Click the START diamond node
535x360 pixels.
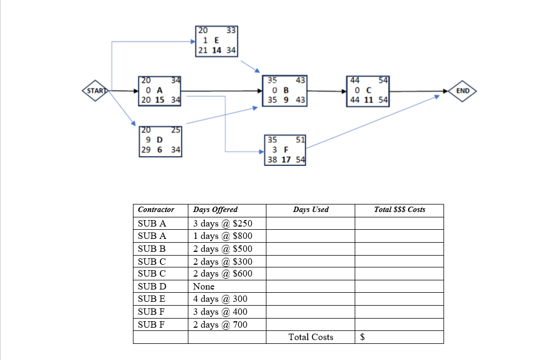click(x=94, y=91)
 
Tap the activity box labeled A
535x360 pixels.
click(x=159, y=91)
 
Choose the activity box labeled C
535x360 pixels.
click(x=368, y=91)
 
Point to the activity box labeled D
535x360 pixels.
click(x=159, y=141)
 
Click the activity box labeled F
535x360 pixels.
click(x=286, y=150)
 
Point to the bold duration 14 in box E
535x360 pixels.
click(x=216, y=50)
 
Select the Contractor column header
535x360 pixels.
click(x=156, y=209)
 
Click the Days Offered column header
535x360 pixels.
click(x=215, y=209)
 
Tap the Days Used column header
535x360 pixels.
click(x=311, y=209)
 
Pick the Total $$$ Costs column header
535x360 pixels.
click(x=399, y=209)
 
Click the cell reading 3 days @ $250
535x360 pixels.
click(x=222, y=223)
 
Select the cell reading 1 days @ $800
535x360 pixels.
click(x=222, y=236)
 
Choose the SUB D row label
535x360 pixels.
click(x=152, y=286)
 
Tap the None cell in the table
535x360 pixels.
click(x=203, y=286)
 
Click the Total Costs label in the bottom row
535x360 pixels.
click(x=311, y=337)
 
